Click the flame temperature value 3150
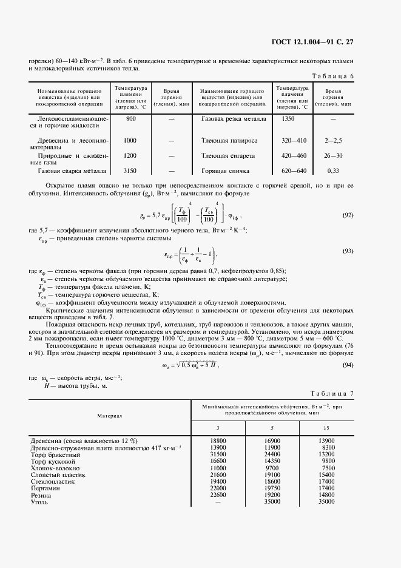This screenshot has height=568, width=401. click(130, 171)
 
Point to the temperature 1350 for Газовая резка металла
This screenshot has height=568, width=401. click(288, 119)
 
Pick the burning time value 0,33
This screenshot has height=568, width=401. click(333, 171)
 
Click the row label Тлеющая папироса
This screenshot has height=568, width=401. click(229, 140)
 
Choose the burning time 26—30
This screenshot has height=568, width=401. click(333, 155)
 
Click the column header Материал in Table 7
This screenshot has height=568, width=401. click(110, 416)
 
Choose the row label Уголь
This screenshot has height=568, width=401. click(39, 502)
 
